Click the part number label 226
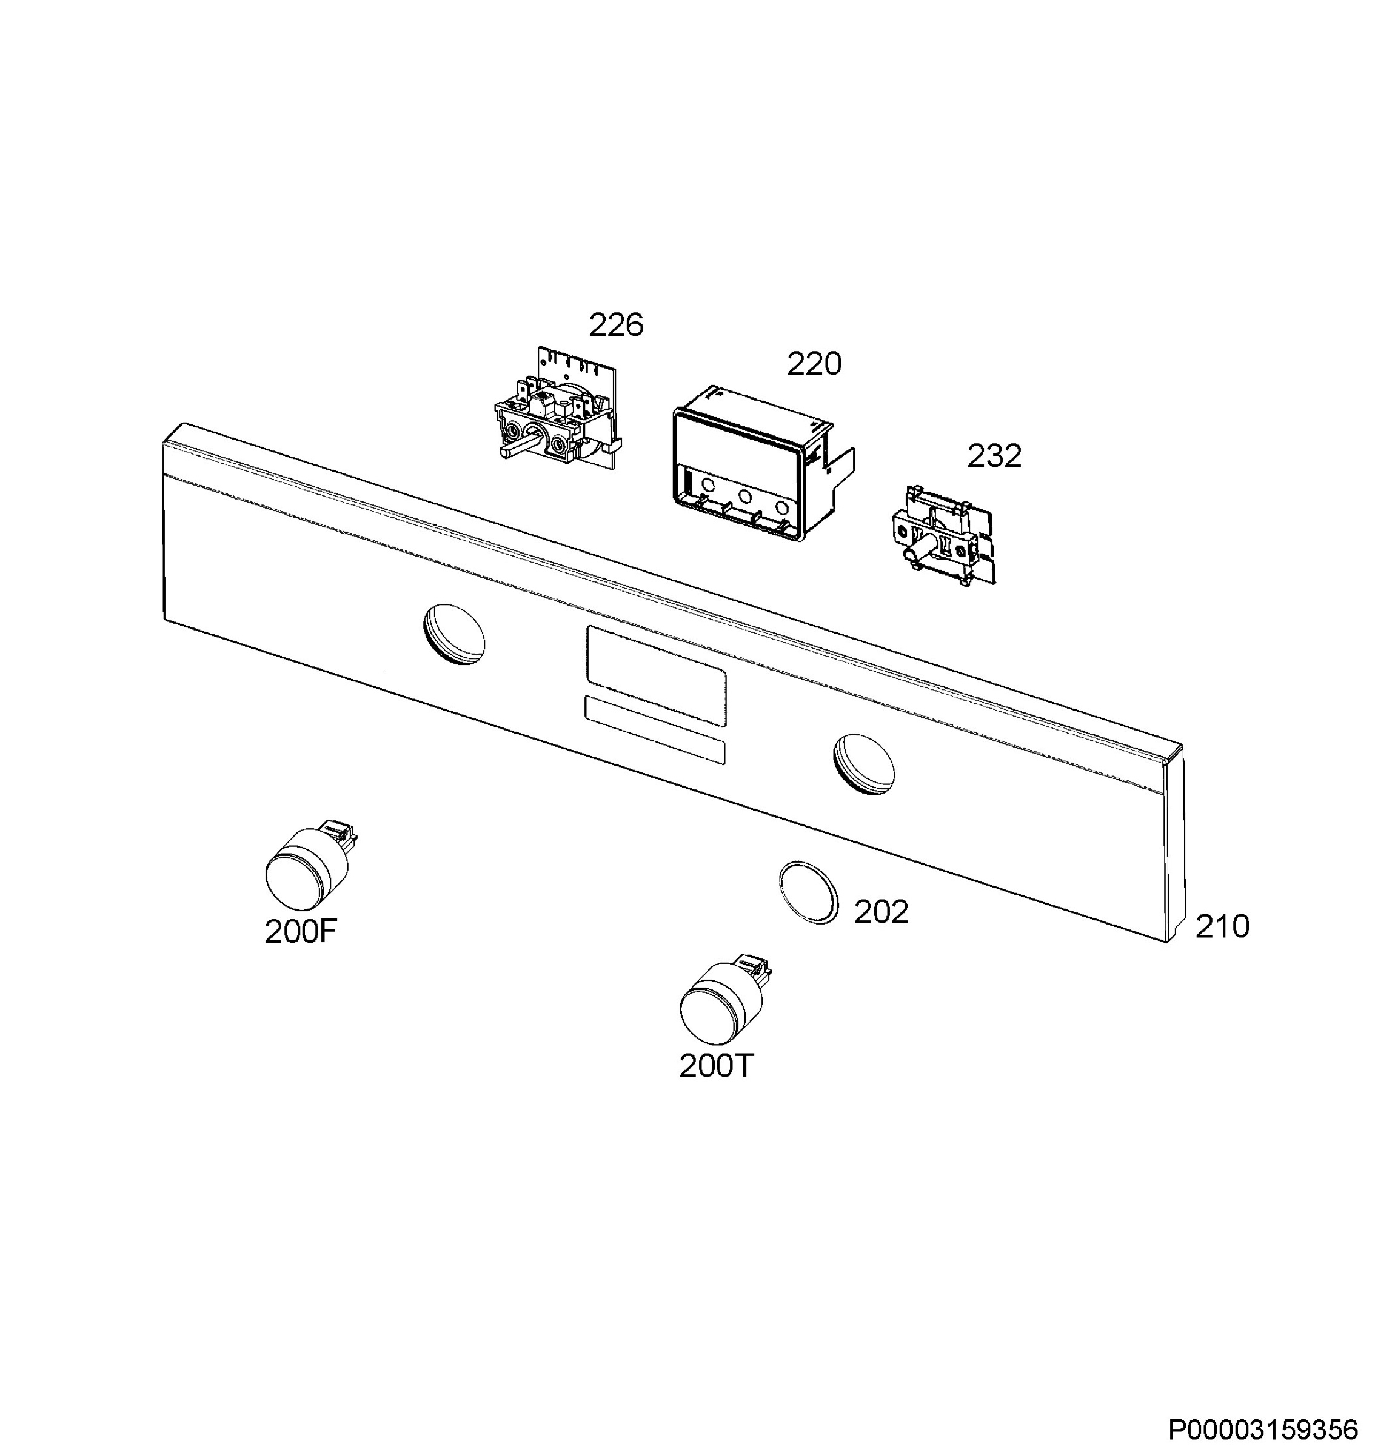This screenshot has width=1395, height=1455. (615, 325)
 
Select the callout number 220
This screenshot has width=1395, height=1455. (814, 364)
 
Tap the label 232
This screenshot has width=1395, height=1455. (994, 456)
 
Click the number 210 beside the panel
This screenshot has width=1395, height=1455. (1222, 926)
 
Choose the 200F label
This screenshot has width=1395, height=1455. (301, 932)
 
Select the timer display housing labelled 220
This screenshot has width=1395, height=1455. (761, 464)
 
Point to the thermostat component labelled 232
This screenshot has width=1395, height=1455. (942, 536)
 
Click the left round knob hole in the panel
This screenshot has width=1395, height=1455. (453, 634)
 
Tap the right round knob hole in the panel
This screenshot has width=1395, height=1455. (863, 764)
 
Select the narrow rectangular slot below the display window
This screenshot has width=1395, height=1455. (654, 730)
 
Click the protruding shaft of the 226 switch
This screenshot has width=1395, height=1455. (515, 447)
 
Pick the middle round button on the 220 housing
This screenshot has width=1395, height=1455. (744, 496)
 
